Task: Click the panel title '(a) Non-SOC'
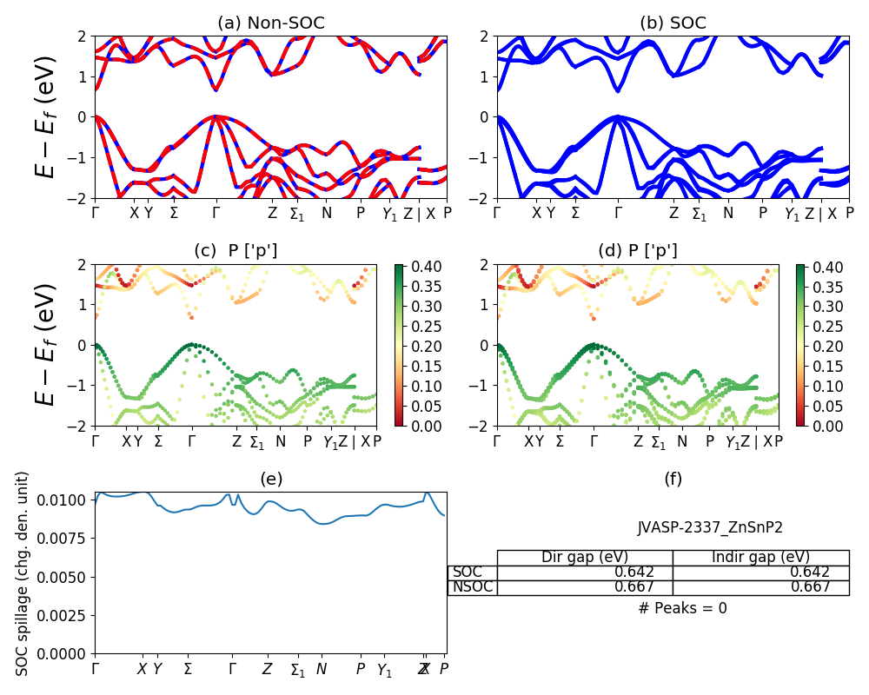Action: tap(271, 23)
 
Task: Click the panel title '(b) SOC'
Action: tap(673, 23)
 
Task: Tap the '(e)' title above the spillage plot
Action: tap(271, 479)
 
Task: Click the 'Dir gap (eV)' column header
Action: tap(585, 558)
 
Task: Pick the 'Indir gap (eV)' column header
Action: tap(760, 558)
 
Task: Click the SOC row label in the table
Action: tap(468, 573)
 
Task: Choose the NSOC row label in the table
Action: tap(472, 587)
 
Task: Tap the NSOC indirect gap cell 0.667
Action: tap(809, 587)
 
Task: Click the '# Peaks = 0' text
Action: tap(682, 608)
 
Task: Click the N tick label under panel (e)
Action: tap(322, 670)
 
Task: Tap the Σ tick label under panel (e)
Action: tap(188, 670)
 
